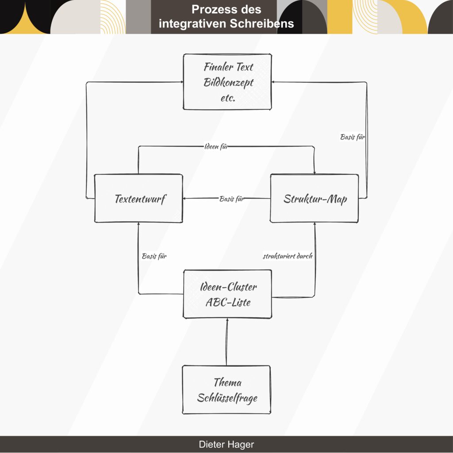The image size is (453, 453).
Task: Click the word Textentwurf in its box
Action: pyautogui.click(x=140, y=199)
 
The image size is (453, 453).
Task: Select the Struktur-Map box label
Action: pyautogui.click(x=315, y=199)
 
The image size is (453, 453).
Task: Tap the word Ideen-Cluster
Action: pyautogui.click(x=228, y=287)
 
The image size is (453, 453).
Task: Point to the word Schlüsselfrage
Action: pyautogui.click(x=227, y=398)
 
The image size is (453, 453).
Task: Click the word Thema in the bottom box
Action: pyautogui.click(x=227, y=382)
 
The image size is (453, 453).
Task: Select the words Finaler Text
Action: pyautogui.click(x=228, y=67)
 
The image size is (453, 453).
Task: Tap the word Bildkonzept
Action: pyautogui.click(x=228, y=82)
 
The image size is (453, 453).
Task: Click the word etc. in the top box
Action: pyautogui.click(x=227, y=98)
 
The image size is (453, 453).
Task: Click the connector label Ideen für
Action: pyautogui.click(x=216, y=147)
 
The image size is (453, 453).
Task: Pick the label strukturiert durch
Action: pyautogui.click(x=288, y=256)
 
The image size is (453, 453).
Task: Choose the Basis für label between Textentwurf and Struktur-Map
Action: pyautogui.click(x=232, y=199)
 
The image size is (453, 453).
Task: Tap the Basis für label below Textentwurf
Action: pyautogui.click(x=154, y=256)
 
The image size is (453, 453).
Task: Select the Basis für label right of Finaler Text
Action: pyautogui.click(x=353, y=137)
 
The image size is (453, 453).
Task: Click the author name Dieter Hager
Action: pyautogui.click(x=226, y=445)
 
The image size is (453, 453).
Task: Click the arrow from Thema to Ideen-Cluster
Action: pyautogui.click(x=227, y=343)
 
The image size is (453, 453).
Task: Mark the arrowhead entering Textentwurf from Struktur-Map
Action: pyautogui.click(x=186, y=199)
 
